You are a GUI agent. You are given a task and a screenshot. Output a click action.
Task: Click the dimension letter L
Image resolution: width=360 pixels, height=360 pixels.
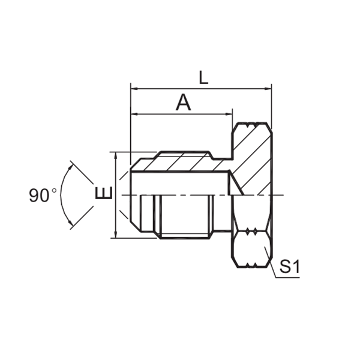tap(203, 77)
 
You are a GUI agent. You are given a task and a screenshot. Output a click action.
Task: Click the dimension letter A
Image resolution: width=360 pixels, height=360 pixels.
tap(183, 102)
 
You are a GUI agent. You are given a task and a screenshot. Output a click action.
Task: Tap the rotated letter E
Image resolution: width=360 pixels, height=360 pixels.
tap(104, 193)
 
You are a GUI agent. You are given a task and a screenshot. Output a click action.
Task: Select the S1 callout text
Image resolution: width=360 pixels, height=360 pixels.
tap(290, 267)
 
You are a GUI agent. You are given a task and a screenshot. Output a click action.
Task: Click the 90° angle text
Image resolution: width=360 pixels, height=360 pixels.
tap(43, 195)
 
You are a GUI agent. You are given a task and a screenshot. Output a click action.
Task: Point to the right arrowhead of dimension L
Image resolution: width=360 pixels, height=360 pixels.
tap(268, 89)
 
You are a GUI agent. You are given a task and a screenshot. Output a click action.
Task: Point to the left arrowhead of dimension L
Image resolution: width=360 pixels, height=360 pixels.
tap(134, 89)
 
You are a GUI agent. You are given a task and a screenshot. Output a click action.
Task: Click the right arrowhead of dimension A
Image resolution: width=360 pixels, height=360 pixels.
tap(229, 114)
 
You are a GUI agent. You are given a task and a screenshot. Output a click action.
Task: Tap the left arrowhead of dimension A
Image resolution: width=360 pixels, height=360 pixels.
tap(134, 114)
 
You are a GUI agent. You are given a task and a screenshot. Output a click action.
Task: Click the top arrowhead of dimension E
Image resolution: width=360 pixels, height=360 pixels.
tap(116, 155)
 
